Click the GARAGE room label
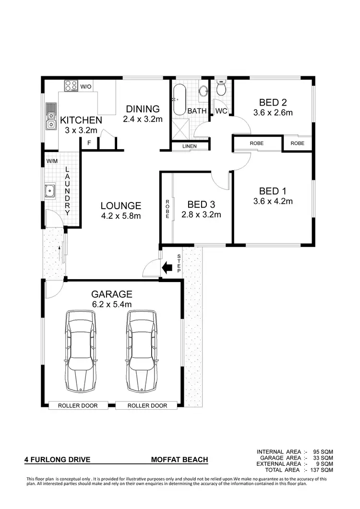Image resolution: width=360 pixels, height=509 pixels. click(112, 294)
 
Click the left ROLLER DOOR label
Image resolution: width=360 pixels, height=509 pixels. click(78, 406)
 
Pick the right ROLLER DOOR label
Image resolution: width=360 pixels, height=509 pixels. click(147, 406)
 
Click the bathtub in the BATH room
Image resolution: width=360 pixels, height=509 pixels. click(179, 100)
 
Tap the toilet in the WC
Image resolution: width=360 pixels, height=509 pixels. click(221, 89)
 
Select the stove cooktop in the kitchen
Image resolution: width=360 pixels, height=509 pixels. click(71, 86)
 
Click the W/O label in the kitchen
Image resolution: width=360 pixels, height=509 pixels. click(86, 87)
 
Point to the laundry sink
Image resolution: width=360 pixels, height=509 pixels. click(50, 191)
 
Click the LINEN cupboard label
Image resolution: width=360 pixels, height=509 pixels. click(190, 146)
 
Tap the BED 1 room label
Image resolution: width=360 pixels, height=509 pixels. click(273, 190)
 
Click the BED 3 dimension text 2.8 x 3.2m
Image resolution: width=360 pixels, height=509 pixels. click(201, 214)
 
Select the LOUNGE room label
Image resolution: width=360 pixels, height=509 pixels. click(121, 206)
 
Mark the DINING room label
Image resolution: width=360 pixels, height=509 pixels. click(143, 109)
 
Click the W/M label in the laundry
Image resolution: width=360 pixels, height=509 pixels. click(52, 161)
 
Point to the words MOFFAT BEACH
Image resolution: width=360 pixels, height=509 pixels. click(180, 460)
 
